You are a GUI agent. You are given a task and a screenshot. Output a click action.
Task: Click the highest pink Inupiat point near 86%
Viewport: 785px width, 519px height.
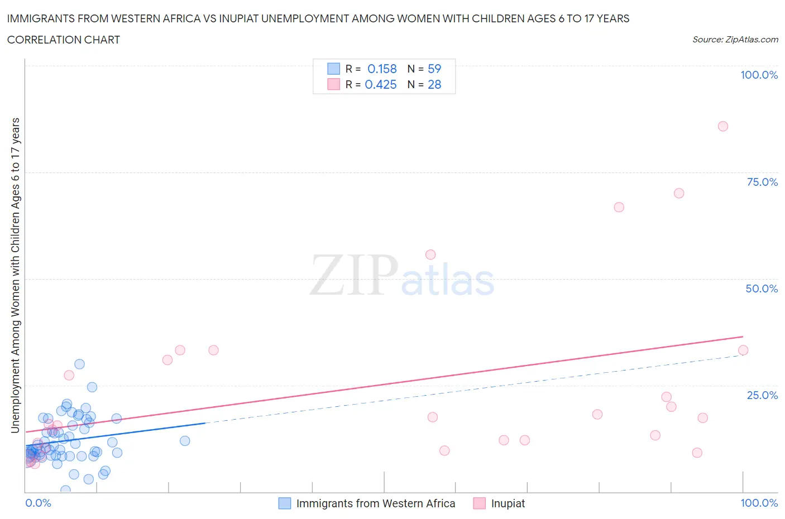click(722, 126)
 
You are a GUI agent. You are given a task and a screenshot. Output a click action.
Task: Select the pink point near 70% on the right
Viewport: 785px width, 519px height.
click(678, 193)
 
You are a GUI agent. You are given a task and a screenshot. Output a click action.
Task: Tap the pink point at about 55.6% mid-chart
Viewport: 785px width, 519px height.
click(430, 254)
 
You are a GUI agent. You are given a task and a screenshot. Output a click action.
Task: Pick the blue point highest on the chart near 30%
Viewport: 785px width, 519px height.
click(79, 364)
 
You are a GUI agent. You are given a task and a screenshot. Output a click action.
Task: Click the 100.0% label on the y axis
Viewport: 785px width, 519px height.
click(759, 75)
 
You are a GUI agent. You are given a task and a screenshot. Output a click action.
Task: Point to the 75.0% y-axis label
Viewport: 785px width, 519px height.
click(762, 182)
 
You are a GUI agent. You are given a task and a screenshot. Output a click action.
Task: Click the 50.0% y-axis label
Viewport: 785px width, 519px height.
click(762, 289)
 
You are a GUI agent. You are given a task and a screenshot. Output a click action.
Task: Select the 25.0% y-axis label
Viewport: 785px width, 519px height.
click(762, 395)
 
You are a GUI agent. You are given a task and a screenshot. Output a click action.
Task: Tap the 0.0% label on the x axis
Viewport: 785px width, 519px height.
click(38, 503)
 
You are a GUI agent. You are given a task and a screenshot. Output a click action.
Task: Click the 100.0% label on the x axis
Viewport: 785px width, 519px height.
click(759, 503)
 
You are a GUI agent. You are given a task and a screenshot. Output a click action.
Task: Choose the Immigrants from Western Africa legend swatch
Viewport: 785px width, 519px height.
click(285, 503)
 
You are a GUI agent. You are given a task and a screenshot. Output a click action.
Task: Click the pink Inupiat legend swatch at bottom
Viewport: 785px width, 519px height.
click(479, 503)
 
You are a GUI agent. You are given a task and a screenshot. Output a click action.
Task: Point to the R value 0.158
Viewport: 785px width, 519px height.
click(382, 69)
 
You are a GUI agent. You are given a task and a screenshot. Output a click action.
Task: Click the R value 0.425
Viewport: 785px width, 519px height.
click(381, 84)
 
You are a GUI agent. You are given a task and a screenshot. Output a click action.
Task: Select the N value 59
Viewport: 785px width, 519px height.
click(434, 69)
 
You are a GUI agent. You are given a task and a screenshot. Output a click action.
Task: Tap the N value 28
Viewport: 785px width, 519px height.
click(434, 84)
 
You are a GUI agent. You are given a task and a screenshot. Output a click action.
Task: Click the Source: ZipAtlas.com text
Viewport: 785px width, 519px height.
click(735, 39)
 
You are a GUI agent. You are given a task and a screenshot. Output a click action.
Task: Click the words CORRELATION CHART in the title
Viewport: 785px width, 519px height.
click(64, 40)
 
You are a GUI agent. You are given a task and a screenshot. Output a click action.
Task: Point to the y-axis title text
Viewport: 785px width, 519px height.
click(15, 275)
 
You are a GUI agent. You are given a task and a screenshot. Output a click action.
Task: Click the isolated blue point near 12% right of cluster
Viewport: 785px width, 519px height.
click(185, 441)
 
